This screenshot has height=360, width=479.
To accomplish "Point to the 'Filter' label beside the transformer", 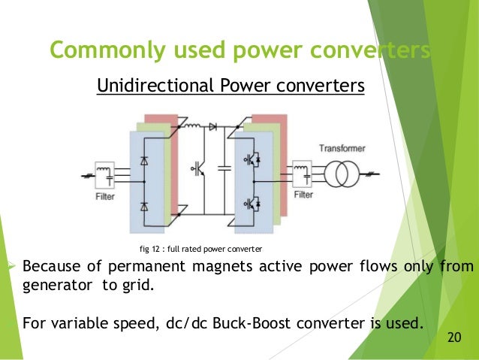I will point(303,195).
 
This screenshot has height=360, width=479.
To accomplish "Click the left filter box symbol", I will point(104,173).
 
